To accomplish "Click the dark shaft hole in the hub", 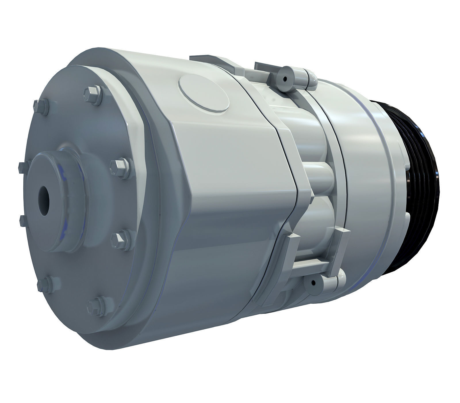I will tap(44, 201).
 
